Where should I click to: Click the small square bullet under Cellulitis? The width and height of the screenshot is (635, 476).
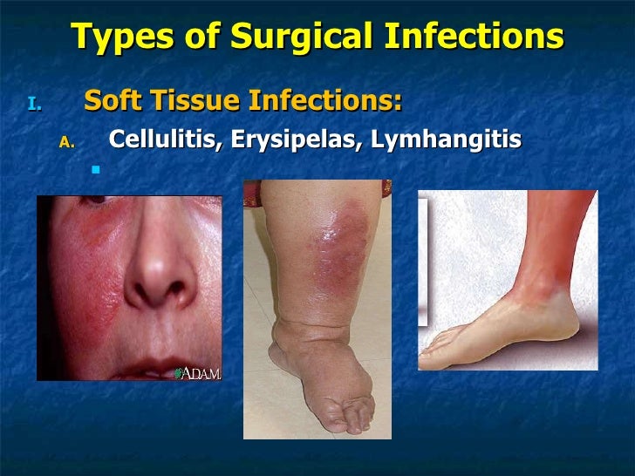[x=96, y=170]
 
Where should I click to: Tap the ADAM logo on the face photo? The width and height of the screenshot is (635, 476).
[x=198, y=373]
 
